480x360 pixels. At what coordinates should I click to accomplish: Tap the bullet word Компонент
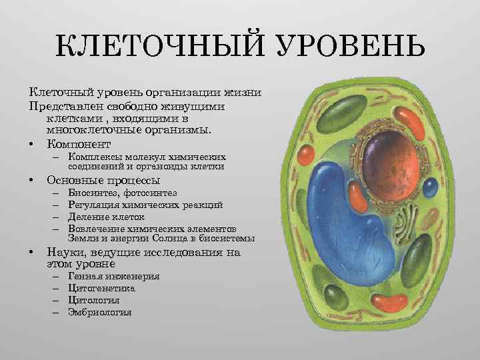click(78, 144)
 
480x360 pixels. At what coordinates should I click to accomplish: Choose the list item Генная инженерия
click(113, 277)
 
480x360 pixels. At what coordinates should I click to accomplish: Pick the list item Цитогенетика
click(101, 289)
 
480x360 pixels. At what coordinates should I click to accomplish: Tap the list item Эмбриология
click(99, 312)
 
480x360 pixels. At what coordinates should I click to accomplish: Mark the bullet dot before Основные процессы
click(31, 181)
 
